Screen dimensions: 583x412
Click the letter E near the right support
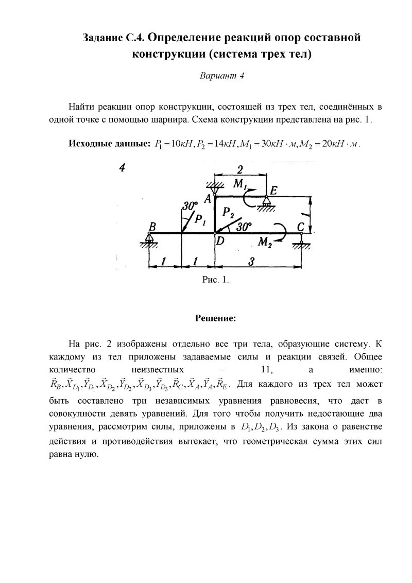273,191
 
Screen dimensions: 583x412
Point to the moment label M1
241,184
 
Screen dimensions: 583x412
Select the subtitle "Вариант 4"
221,76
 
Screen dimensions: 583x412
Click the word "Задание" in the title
103,38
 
